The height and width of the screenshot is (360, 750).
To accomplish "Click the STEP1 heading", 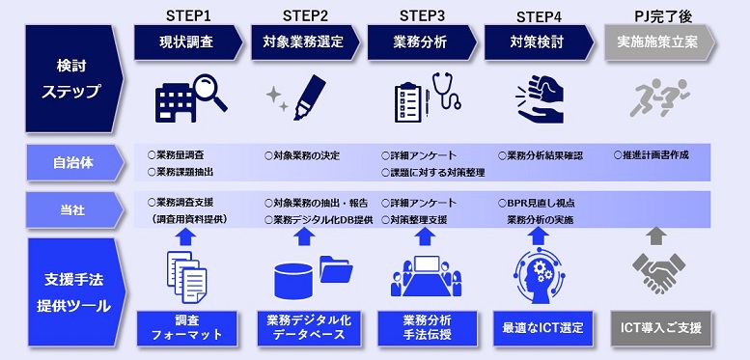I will click(x=188, y=14).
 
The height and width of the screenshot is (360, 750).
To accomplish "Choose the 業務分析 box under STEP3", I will click(x=422, y=42).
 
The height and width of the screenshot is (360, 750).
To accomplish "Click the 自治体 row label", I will click(x=68, y=161).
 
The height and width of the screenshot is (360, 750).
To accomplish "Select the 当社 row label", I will click(x=68, y=209).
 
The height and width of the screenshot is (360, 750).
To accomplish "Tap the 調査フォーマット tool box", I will click(x=187, y=327).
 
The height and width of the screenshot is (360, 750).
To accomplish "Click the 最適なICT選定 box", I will click(x=539, y=327).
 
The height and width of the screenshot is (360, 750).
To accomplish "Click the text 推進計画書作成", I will click(x=655, y=154).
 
